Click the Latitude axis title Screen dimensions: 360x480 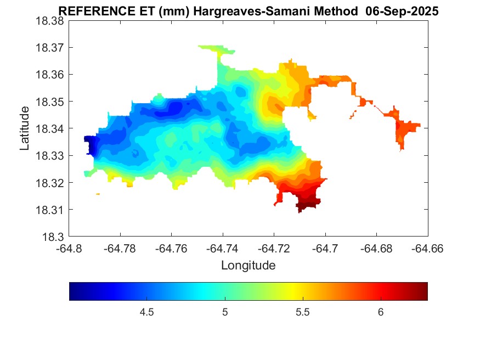(25, 128)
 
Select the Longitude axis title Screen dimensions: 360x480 (248, 266)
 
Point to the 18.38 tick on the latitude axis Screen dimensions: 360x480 (50, 21)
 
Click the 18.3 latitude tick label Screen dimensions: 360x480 (54, 237)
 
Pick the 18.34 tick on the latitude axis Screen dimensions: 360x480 (50, 129)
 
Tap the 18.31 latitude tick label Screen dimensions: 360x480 (50, 210)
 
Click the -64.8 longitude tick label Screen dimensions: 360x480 (70, 249)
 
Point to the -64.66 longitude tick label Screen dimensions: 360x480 (428, 249)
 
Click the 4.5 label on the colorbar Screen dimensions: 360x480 (146, 312)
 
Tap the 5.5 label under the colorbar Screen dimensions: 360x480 (303, 312)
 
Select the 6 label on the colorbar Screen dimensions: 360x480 (380, 312)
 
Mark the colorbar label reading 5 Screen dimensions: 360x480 (225, 312)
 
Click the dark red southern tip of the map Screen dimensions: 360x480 (307, 205)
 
